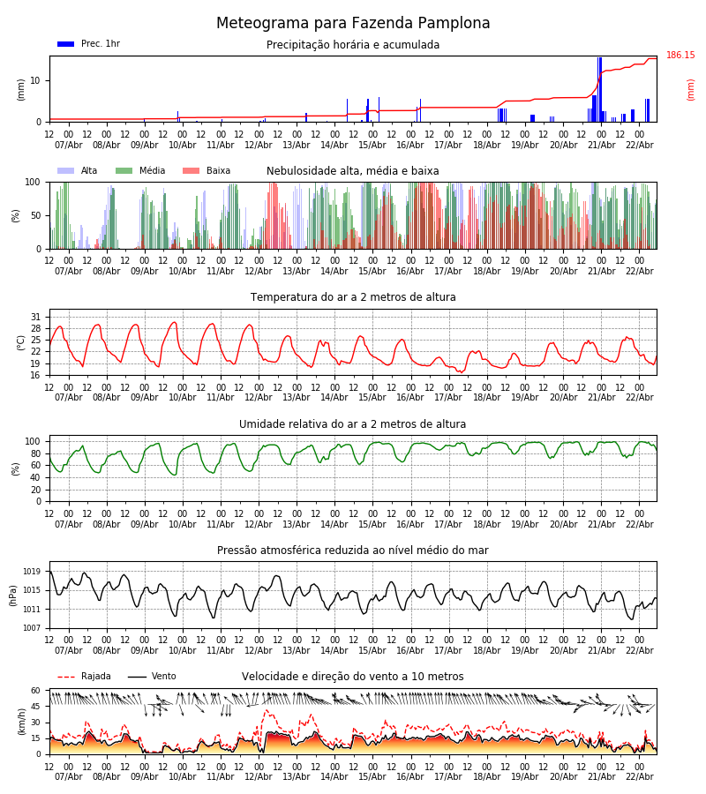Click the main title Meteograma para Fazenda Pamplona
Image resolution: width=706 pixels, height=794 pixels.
(353, 24)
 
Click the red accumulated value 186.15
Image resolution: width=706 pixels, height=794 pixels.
(680, 56)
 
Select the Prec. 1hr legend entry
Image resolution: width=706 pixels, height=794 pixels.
(88, 44)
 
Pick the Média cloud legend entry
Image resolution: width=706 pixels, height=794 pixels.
(140, 171)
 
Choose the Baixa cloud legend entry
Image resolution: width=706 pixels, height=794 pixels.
(207, 171)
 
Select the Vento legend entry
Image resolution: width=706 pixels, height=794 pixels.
(152, 677)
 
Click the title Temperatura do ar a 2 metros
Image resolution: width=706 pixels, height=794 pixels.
(353, 297)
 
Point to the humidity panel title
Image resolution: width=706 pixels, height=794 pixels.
(353, 424)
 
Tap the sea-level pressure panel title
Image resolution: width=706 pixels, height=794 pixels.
(353, 551)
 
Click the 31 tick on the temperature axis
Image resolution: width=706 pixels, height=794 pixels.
(36, 317)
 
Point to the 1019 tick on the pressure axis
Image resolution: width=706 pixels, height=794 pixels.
(32, 572)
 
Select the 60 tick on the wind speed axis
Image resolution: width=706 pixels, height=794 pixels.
(36, 691)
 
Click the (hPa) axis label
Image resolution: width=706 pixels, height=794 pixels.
(13, 595)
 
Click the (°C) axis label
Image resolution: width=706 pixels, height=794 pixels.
(21, 341)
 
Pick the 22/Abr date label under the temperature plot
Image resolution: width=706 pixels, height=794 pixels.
(640, 397)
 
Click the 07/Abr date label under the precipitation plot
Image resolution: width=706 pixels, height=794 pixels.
(69, 145)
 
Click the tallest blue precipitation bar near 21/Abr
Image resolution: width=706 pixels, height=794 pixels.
(600, 89)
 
